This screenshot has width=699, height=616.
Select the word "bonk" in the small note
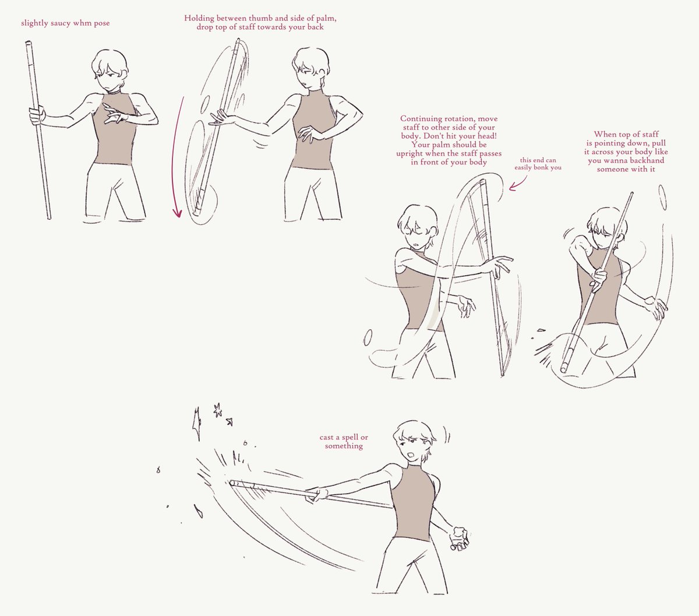point(541,167)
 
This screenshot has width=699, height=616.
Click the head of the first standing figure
point(110,71)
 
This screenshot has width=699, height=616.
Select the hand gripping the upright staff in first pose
point(37,115)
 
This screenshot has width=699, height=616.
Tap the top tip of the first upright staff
point(28,42)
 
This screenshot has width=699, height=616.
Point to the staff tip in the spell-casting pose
point(232,483)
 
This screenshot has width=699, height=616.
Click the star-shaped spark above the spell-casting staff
point(218,410)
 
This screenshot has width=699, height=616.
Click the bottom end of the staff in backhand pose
point(564,370)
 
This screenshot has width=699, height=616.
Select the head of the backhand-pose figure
point(606,227)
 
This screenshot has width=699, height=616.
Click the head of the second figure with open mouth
point(310,68)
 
